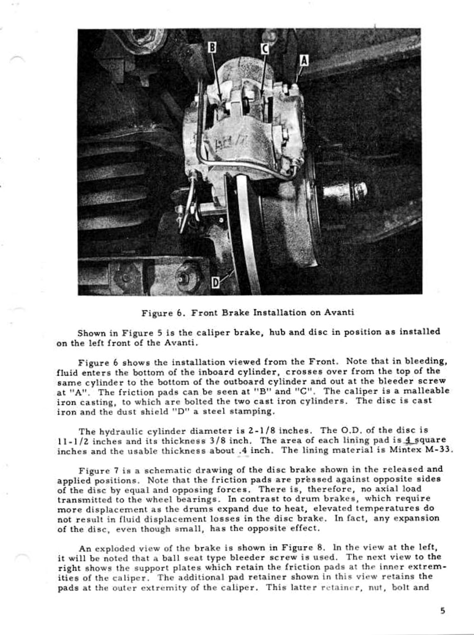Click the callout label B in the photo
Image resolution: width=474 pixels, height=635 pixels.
click(x=212, y=47)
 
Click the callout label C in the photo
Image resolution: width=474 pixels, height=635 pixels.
click(x=264, y=49)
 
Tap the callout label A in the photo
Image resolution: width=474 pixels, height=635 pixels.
click(x=304, y=61)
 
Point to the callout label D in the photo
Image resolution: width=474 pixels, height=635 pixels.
click(x=216, y=283)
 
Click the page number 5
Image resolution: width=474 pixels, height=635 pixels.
click(x=443, y=611)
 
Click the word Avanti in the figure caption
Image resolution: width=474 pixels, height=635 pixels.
click(x=339, y=312)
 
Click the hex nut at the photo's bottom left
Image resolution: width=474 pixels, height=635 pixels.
click(x=183, y=277)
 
